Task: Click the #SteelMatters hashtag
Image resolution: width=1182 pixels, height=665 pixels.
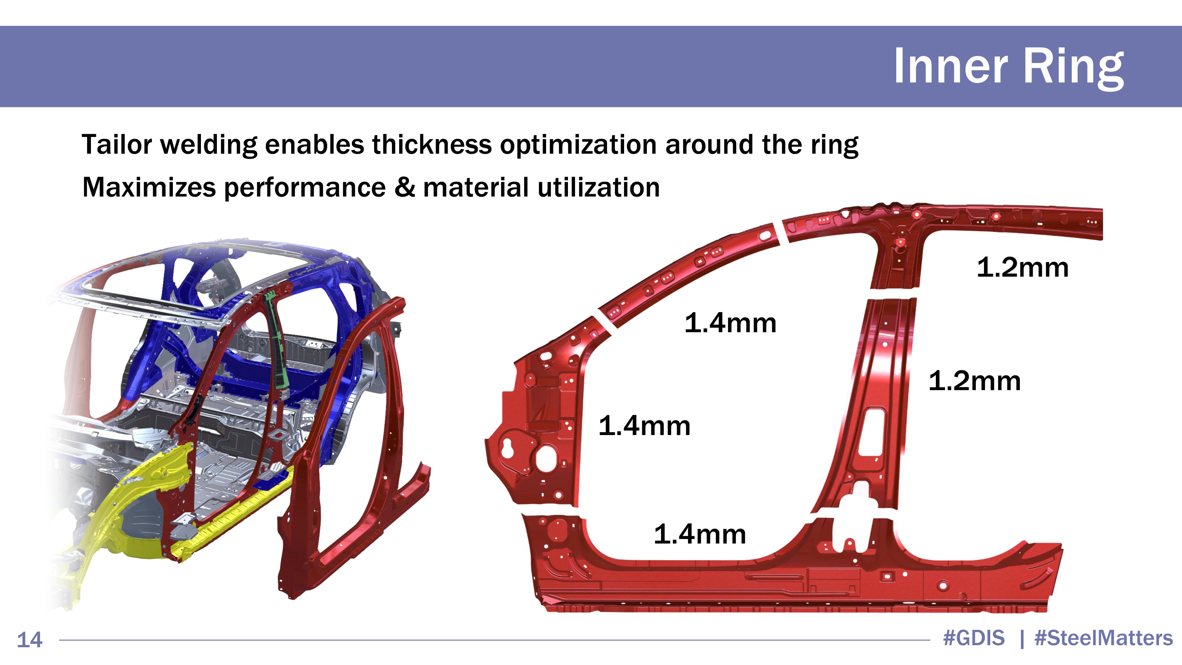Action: (1103, 638)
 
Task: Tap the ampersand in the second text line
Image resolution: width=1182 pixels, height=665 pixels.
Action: (404, 187)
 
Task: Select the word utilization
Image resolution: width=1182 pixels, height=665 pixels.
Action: (598, 187)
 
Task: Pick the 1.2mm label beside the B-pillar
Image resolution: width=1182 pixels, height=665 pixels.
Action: (975, 381)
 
